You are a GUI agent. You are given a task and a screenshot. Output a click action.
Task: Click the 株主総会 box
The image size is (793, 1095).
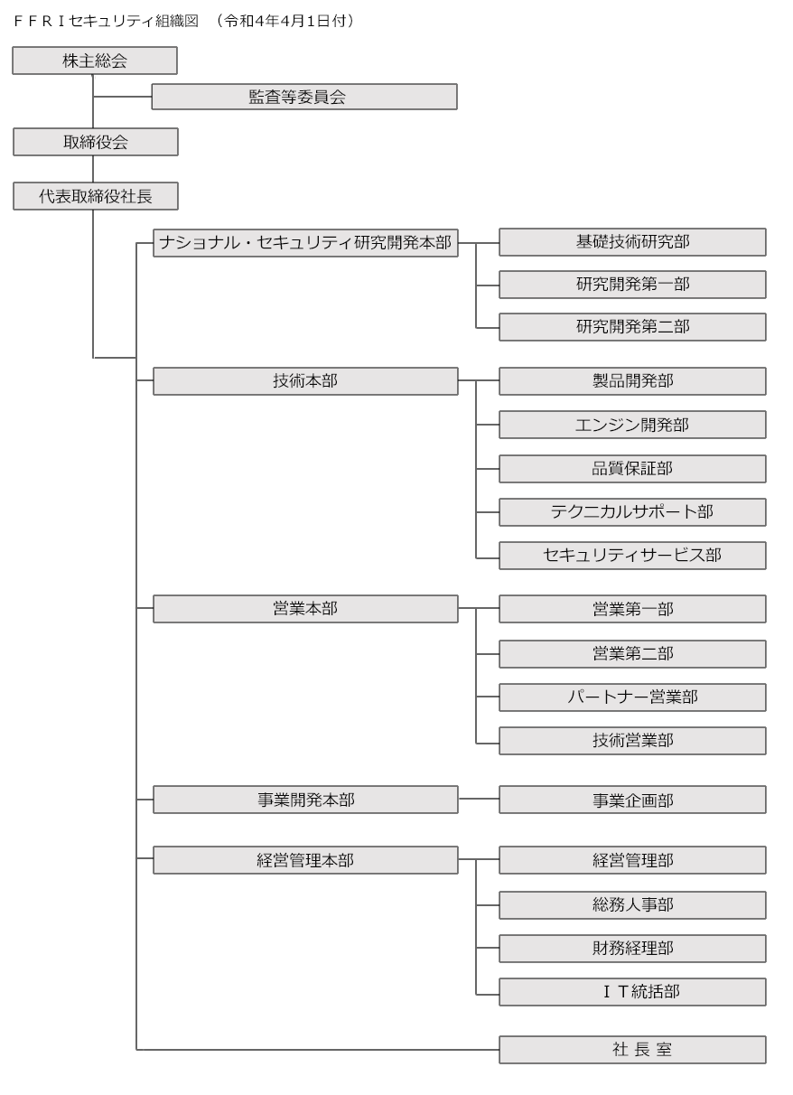95,61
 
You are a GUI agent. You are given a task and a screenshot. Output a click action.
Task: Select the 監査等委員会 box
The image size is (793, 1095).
304,97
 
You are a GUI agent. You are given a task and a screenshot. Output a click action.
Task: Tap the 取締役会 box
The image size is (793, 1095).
95,142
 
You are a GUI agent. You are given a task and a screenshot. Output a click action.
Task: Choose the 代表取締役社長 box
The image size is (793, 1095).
95,196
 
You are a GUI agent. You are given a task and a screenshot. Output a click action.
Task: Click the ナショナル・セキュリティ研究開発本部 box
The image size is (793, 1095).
305,243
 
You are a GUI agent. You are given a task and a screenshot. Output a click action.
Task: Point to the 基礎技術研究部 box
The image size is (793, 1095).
632,242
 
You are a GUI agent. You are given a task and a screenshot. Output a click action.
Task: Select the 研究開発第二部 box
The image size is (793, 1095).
632,327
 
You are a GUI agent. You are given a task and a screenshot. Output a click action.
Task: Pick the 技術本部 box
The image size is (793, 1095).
305,381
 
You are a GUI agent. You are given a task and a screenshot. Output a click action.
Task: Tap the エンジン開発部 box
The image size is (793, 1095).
632,425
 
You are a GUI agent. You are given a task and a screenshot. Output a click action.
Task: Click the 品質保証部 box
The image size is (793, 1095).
632,469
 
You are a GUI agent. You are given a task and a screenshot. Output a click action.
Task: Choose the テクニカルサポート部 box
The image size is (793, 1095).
632,512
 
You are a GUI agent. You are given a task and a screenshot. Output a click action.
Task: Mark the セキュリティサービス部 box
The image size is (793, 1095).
632,556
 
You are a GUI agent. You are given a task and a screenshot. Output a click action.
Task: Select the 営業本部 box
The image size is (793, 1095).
305,609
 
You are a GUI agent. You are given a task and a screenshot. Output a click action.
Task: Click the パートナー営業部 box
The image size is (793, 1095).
632,697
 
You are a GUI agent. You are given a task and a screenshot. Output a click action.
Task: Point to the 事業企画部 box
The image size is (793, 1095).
632,800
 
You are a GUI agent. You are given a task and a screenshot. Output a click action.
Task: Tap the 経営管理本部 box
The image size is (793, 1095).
305,860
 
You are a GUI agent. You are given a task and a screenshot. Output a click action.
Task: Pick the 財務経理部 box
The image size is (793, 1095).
632,949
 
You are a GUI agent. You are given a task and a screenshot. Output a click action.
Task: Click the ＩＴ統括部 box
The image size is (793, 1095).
632,992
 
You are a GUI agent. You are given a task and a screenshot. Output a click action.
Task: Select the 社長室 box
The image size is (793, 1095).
632,1050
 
